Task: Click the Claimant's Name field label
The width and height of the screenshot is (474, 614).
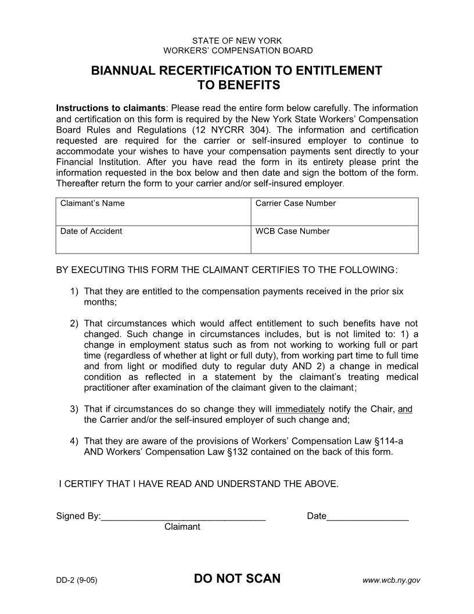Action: [x=92, y=204]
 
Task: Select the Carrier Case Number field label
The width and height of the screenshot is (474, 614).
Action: [x=296, y=204]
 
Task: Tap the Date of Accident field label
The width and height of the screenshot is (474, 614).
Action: [x=91, y=231]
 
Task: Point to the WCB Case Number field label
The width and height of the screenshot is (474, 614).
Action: [x=293, y=231]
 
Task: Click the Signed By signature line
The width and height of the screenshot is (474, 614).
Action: [x=183, y=516]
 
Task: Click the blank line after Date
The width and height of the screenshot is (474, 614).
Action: [x=368, y=516]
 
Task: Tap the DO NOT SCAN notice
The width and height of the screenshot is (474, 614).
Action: [x=237, y=579]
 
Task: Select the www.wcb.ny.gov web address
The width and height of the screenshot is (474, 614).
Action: [x=391, y=580]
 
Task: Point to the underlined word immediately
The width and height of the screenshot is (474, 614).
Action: [x=300, y=409]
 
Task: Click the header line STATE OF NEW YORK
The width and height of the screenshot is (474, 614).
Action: [x=237, y=41]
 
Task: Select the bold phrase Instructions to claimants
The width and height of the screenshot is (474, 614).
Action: [x=111, y=109]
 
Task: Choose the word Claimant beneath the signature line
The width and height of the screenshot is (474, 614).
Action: [x=182, y=527]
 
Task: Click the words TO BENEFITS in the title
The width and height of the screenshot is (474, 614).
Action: [x=237, y=85]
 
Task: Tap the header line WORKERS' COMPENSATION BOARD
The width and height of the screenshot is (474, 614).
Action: [x=237, y=51]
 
